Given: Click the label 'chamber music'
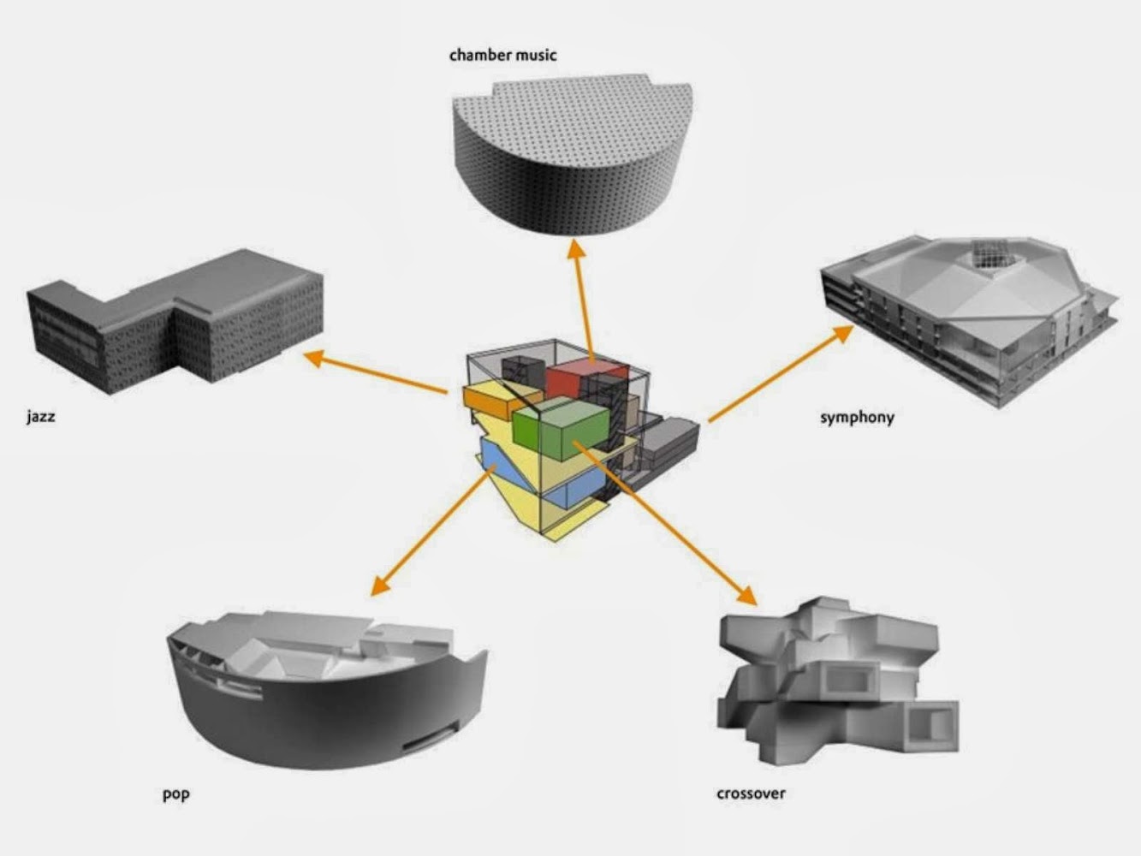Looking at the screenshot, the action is [502, 55].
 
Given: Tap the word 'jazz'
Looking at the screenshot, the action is [41, 417].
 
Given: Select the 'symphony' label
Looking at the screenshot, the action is [857, 418].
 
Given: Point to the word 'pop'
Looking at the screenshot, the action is [176, 794].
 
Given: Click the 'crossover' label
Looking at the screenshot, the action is [751, 794].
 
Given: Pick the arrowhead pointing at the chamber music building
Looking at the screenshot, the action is [575, 248].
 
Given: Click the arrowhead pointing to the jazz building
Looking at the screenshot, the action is [314, 358].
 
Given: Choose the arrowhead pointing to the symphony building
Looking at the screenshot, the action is [842, 333].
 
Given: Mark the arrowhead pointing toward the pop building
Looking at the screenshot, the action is [381, 586].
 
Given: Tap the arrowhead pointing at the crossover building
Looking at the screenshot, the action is [746, 595].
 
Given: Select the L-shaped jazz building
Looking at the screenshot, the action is [174, 321].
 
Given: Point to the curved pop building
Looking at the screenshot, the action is [328, 692].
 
